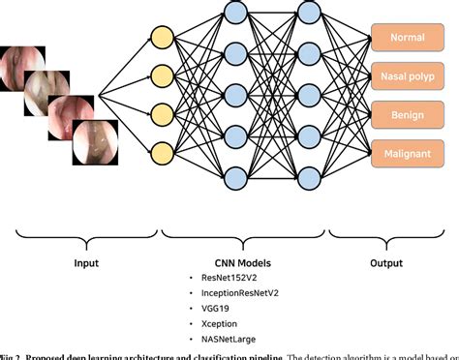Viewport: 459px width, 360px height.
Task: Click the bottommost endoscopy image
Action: pyautogui.click(x=99, y=141)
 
